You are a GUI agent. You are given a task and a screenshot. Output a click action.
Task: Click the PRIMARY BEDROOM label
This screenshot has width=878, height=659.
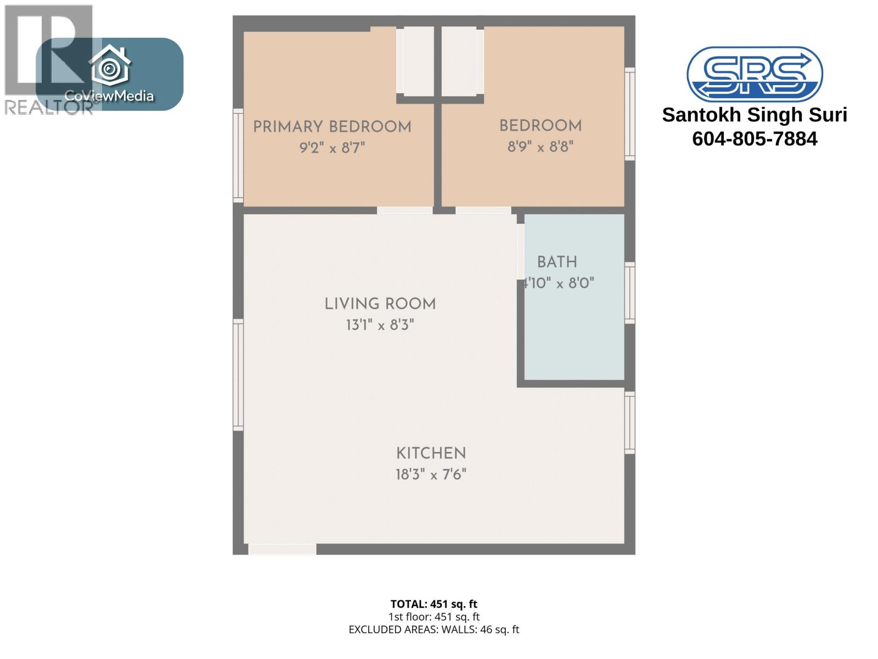[x=331, y=127]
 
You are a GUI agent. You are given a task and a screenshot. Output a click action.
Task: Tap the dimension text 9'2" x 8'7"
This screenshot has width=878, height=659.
[x=331, y=148]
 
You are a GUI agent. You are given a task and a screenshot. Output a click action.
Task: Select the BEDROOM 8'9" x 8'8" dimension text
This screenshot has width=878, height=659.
[x=541, y=147]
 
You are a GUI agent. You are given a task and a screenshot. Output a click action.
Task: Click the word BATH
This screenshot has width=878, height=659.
[x=557, y=263]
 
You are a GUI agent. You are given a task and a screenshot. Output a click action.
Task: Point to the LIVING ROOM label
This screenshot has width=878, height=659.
[x=380, y=304]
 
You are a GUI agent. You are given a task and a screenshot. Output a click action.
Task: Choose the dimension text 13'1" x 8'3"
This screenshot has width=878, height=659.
[x=380, y=325]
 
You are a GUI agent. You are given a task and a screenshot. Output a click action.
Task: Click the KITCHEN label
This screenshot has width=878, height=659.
[x=431, y=453]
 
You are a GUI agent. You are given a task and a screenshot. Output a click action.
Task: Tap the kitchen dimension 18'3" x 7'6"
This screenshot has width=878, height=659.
[x=431, y=474]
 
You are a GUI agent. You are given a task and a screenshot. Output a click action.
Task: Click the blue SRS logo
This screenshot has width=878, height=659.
[x=755, y=74]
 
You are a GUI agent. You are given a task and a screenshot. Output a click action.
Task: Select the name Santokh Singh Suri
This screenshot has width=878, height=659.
[x=755, y=115]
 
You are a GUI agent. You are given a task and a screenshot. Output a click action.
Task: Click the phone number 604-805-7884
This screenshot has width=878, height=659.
[x=755, y=139]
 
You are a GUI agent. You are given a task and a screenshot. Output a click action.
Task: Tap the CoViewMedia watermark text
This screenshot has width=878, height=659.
[x=109, y=96]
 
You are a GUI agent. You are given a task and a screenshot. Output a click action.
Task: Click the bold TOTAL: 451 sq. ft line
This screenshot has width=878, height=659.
[x=434, y=604]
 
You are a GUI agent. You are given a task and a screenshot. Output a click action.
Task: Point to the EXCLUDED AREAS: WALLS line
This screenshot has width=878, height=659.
[x=434, y=630]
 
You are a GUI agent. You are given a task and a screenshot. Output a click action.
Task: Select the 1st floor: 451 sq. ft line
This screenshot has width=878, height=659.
[x=434, y=617]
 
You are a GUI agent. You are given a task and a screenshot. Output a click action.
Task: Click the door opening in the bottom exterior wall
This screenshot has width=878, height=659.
[x=282, y=549]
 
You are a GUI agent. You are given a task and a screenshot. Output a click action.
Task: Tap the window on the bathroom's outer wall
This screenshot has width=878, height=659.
[x=630, y=293]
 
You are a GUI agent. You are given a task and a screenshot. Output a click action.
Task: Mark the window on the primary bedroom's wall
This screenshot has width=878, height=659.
[x=238, y=155]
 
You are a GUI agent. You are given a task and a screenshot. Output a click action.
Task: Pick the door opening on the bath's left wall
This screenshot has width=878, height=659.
[x=520, y=252]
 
